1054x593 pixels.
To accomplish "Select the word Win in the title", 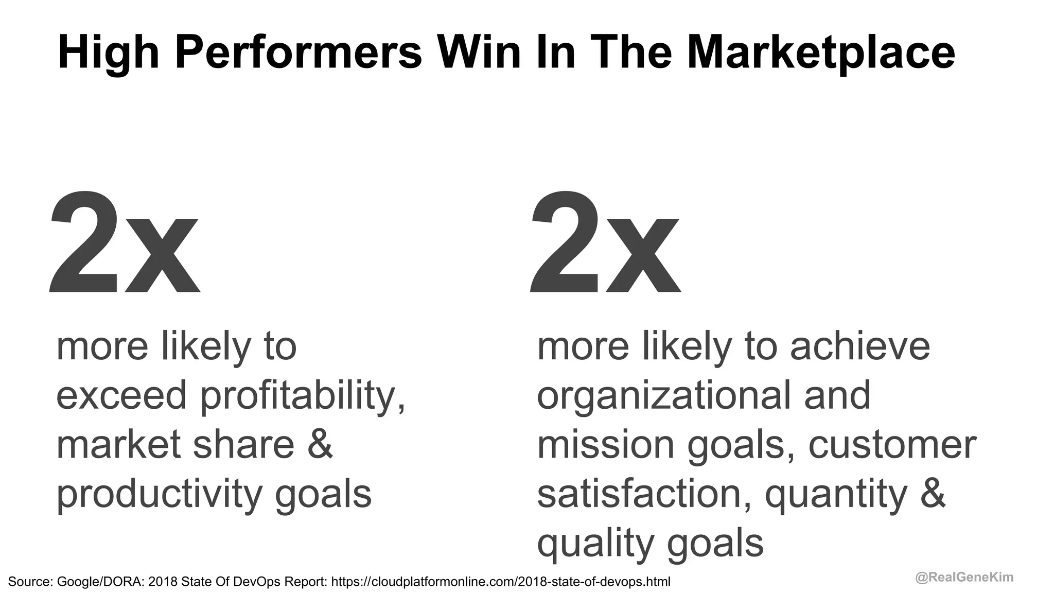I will [479, 53].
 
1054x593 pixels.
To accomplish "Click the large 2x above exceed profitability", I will [124, 242].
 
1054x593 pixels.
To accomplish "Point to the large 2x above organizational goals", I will [605, 242].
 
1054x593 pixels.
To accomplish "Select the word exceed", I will [121, 396].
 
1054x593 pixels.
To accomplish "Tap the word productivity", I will [160, 494].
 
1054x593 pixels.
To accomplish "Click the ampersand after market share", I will [320, 445].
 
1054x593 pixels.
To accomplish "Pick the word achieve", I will [860, 347].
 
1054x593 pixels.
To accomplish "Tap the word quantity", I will [836, 494].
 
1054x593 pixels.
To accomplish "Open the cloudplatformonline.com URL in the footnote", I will [501, 582].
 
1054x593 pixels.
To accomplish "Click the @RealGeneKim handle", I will [964, 578].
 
